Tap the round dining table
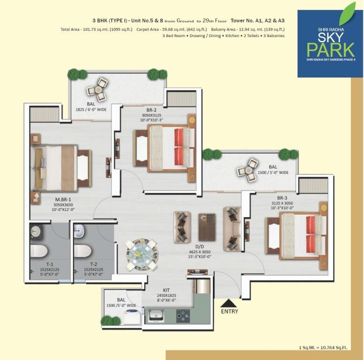click(142, 255)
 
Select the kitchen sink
click(155, 315)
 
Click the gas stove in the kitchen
click(183, 315)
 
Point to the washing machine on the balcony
click(132, 316)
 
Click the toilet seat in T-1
click(39, 251)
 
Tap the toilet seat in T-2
click(83, 251)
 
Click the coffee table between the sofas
click(207, 227)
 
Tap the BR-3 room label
click(282, 198)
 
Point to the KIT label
click(166, 290)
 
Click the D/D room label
click(200, 247)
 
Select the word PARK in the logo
click(331, 50)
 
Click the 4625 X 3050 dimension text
click(200, 252)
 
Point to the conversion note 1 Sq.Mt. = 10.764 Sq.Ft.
click(323, 347)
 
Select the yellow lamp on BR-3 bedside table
click(323, 207)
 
